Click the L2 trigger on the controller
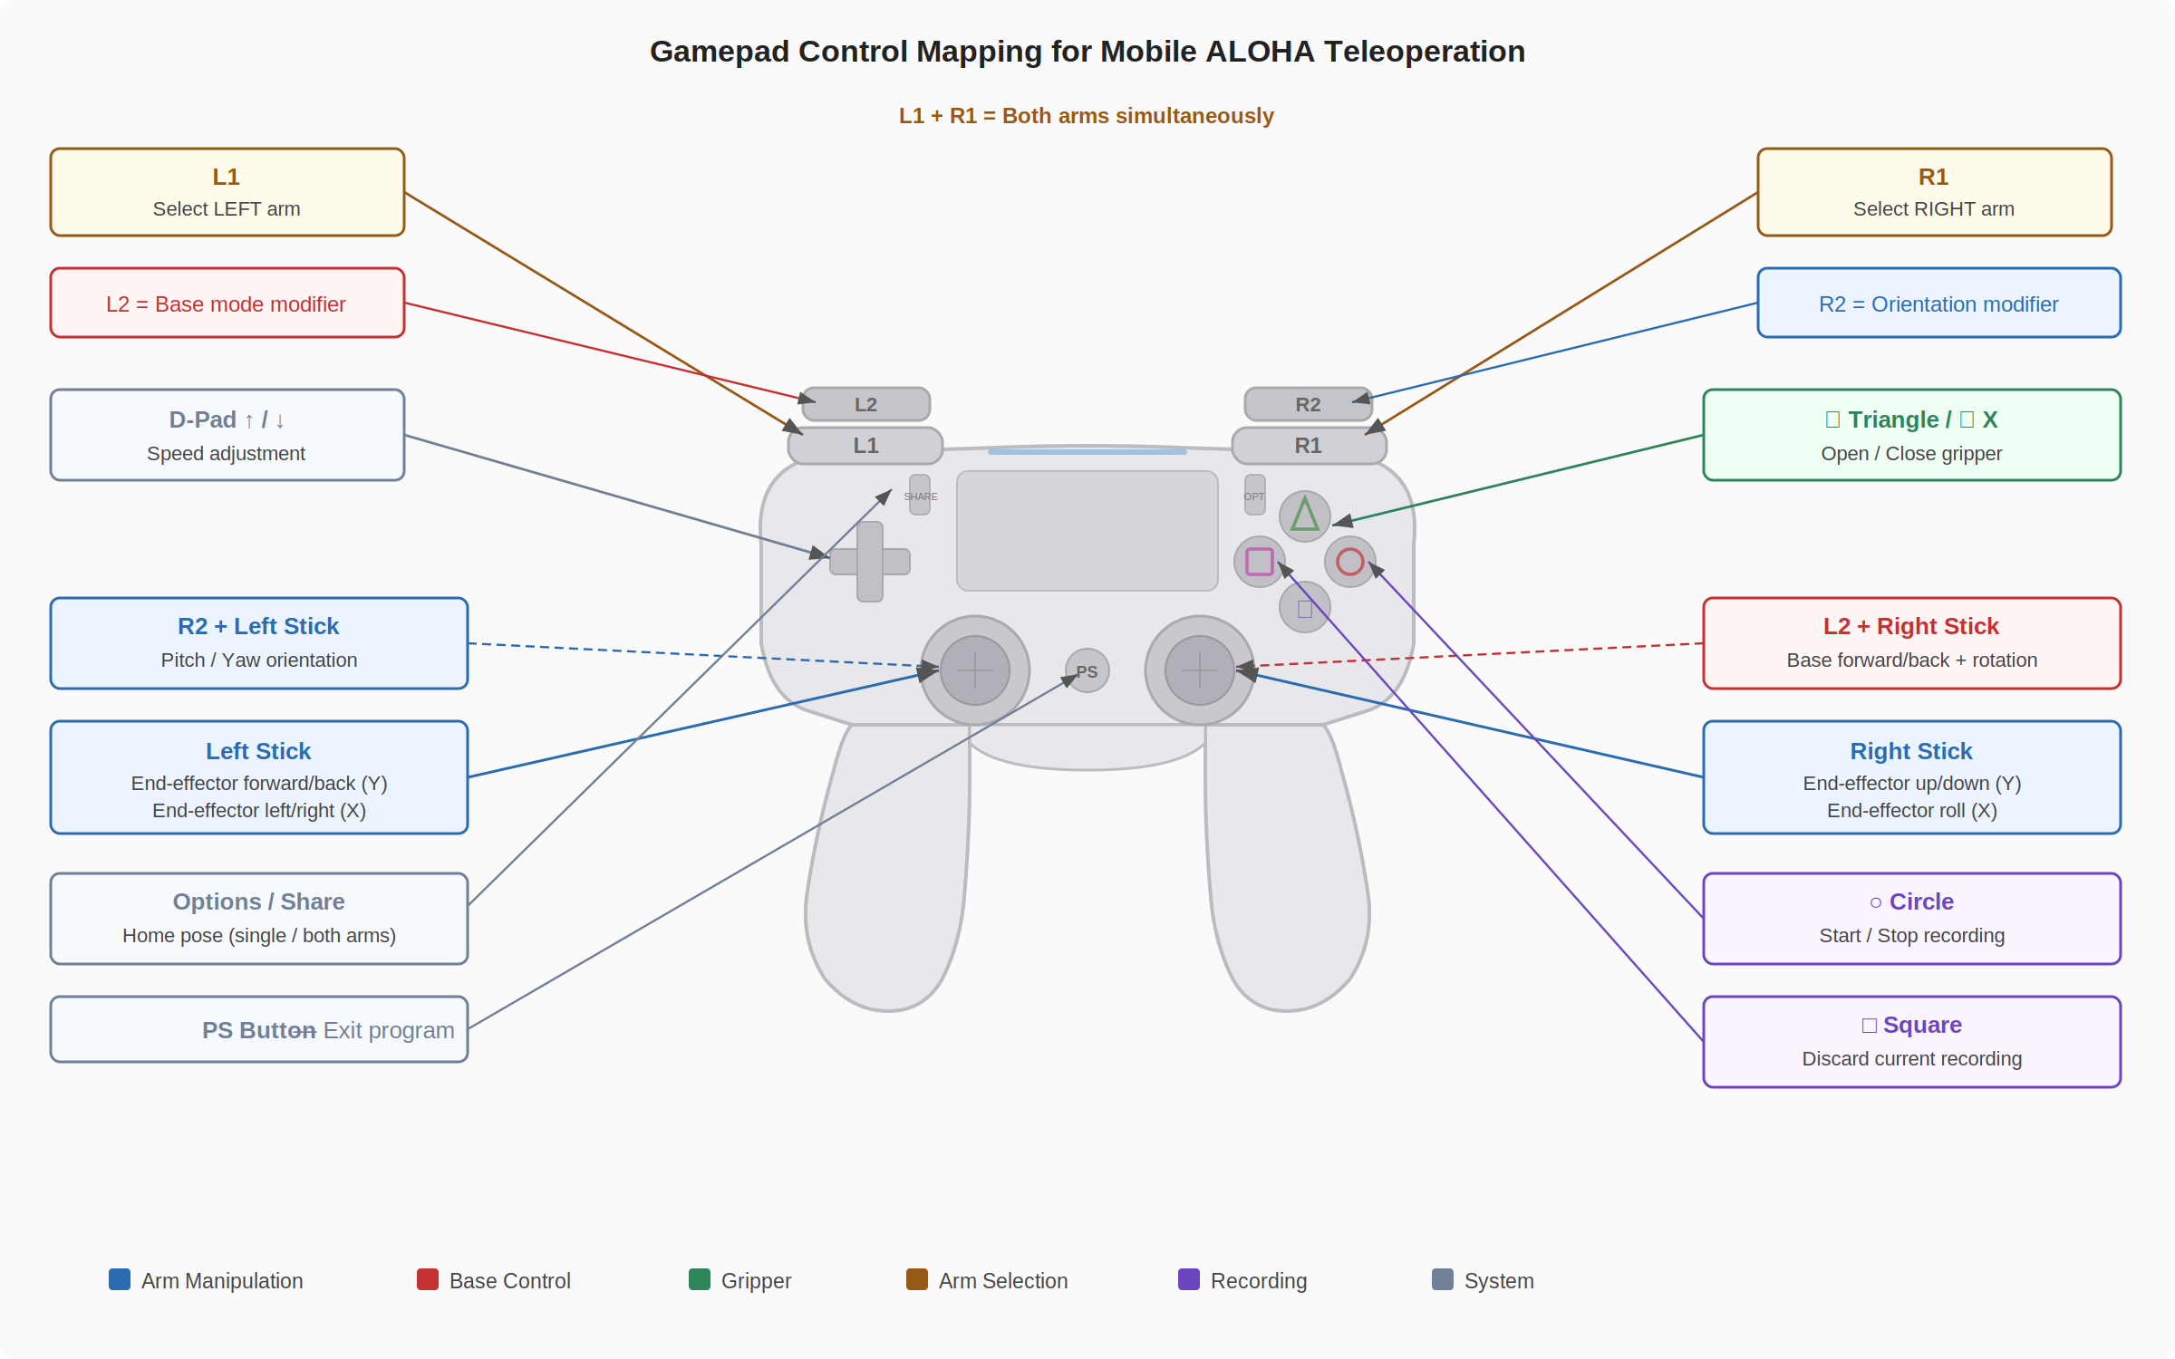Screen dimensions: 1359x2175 [865, 404]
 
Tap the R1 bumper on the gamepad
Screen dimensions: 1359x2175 [1309, 445]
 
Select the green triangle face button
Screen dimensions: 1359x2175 [1304, 516]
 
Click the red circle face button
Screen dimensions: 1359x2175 [1349, 562]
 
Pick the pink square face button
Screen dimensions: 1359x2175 [1259, 562]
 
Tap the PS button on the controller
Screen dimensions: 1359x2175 [1087, 671]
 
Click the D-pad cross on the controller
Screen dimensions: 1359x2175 [870, 562]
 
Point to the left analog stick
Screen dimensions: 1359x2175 [975, 670]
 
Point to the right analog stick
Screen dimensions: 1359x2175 [1199, 670]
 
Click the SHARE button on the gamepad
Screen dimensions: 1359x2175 [920, 496]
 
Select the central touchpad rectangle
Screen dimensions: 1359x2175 [1087, 531]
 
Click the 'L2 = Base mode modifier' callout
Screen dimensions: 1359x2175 [227, 304]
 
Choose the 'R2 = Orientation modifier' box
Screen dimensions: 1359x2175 [1938, 304]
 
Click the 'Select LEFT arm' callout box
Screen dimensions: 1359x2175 [227, 192]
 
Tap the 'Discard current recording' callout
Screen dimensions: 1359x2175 [1911, 1042]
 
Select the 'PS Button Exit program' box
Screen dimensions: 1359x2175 [258, 1030]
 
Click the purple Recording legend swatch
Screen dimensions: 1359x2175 [1188, 1279]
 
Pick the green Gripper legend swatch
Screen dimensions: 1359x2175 [699, 1279]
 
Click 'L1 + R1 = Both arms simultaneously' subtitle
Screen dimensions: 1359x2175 [1086, 116]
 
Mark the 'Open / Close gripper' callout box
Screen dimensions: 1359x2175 [1911, 435]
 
